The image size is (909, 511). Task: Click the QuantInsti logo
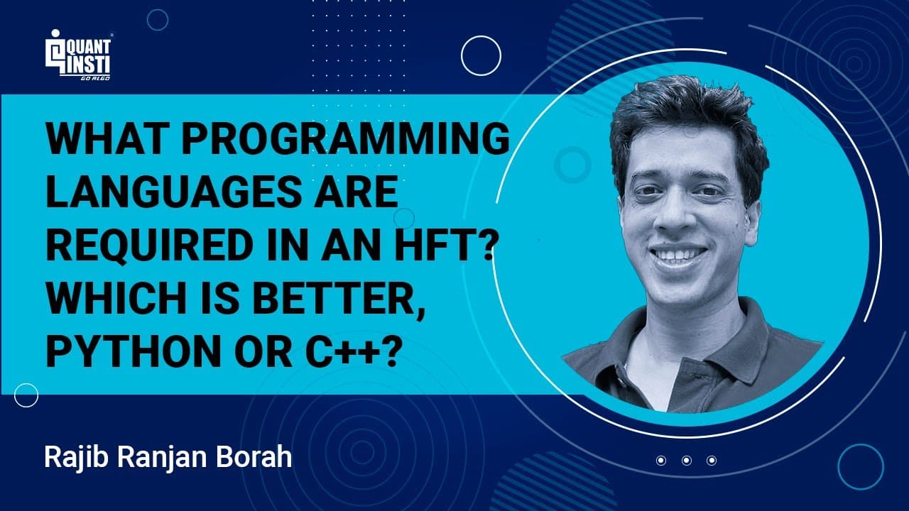pyautogui.click(x=79, y=55)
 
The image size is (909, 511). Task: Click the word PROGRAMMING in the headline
pyautogui.click(x=345, y=138)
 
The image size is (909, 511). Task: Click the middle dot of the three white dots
pyautogui.click(x=687, y=461)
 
